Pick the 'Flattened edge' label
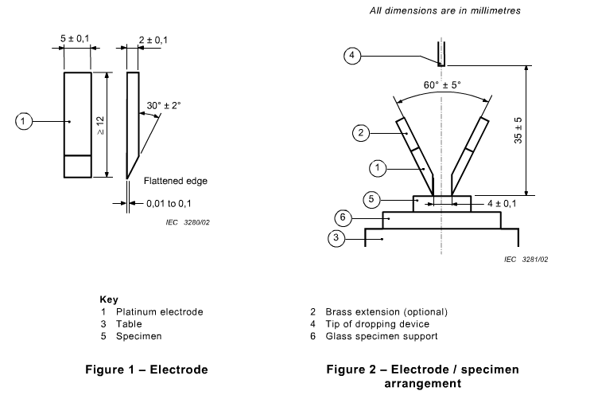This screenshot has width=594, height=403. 175,181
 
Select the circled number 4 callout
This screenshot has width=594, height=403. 354,55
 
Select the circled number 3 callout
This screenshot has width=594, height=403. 337,238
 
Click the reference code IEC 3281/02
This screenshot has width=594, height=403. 526,259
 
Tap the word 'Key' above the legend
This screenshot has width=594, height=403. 108,299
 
